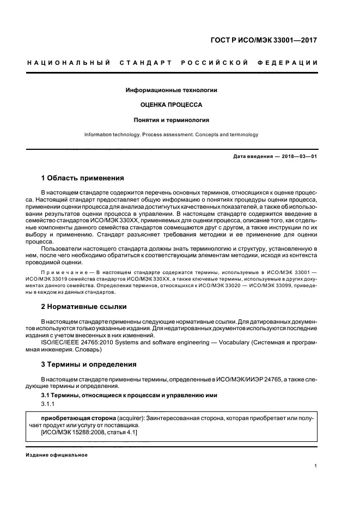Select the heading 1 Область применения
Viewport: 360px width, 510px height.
click(x=83, y=178)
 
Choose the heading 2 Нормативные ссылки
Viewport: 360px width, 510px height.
click(x=83, y=307)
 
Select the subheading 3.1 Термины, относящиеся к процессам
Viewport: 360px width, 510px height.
click(x=122, y=394)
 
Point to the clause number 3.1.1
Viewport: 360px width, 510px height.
click(x=48, y=404)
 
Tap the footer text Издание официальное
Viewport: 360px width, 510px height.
click(x=56, y=455)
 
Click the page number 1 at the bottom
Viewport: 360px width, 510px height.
click(x=316, y=466)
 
